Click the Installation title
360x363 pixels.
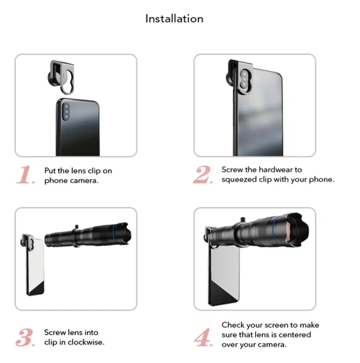click(x=174, y=19)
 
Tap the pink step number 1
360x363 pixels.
click(x=25, y=175)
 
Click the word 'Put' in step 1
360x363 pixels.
click(x=52, y=171)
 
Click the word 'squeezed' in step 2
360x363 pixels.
click(x=239, y=179)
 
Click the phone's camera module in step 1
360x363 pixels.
click(x=64, y=109)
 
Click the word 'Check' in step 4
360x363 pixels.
click(x=234, y=325)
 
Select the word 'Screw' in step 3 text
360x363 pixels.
click(x=55, y=333)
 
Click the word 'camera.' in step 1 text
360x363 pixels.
click(x=84, y=180)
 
